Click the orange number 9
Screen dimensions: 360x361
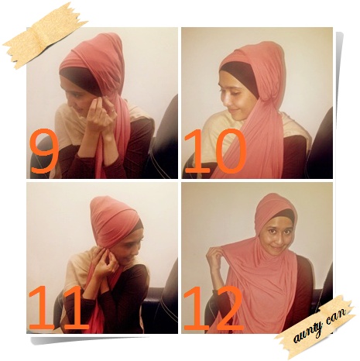(x=44, y=150)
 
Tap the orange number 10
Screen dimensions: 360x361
(x=214, y=150)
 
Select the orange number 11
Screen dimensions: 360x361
(x=59, y=308)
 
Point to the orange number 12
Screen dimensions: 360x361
(x=214, y=308)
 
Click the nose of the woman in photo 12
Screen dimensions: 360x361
(x=277, y=237)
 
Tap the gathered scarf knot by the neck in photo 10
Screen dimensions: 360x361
(x=269, y=101)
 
